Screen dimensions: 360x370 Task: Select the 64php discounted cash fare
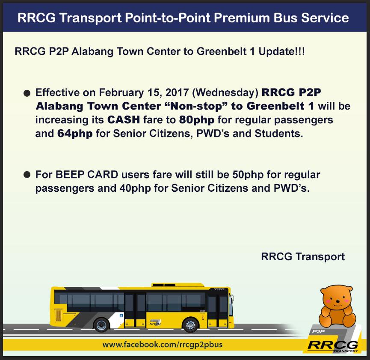click(x=75, y=133)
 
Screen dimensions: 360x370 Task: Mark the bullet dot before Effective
click(x=27, y=93)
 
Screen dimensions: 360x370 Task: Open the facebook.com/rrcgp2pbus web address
click(x=162, y=345)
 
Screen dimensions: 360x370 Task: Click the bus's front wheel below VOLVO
click(x=190, y=325)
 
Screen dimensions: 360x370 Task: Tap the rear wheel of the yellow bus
click(x=102, y=325)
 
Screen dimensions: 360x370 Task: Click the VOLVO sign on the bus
click(x=219, y=289)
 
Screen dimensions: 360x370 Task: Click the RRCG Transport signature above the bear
click(x=302, y=257)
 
